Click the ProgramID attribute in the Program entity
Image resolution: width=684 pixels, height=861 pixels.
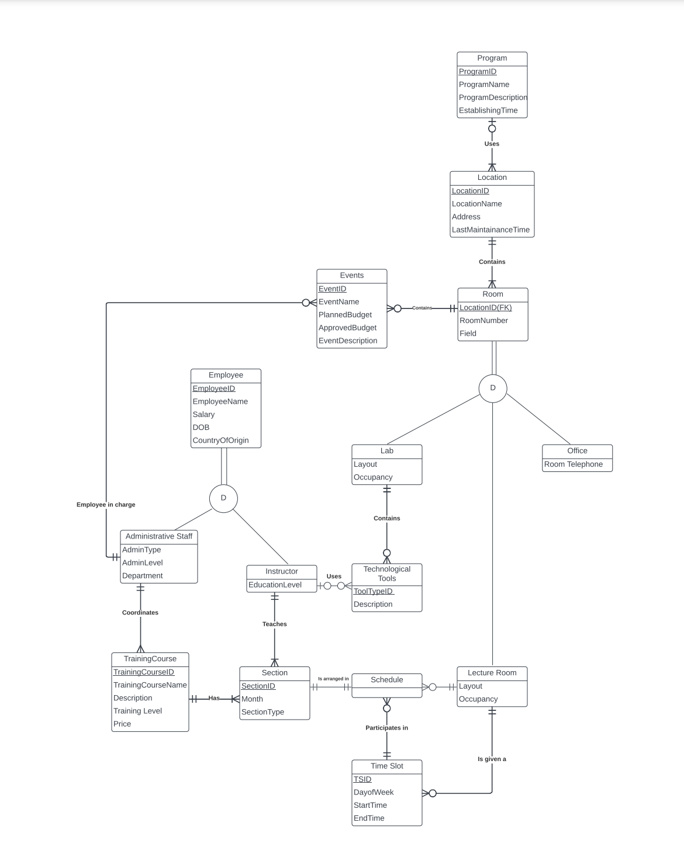coord(478,72)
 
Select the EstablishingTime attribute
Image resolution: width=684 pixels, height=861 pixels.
coord(488,110)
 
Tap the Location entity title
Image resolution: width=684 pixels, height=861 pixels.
coord(492,178)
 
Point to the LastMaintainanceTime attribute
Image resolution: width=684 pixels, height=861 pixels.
coord(490,230)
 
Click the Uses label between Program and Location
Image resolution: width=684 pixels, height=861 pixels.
coord(492,144)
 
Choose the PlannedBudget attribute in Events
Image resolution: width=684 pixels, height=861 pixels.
coord(345,315)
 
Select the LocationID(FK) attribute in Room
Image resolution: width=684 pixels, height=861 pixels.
coord(485,308)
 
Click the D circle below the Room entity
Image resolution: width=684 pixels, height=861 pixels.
coord(492,388)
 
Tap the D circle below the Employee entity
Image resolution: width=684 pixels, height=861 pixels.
coord(223,498)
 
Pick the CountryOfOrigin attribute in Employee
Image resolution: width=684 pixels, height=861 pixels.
coord(220,440)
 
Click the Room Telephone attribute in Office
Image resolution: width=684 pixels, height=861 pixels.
coord(573,464)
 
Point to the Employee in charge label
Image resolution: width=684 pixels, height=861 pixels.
coord(106,505)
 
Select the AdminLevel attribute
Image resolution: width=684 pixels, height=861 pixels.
coord(142,563)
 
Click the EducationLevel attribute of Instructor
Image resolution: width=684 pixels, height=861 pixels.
coord(275,585)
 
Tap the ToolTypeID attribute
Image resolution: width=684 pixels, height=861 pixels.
coord(373,591)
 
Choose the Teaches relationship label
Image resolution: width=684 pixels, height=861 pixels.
coord(274,624)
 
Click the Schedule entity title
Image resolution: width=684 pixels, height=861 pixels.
coord(386,680)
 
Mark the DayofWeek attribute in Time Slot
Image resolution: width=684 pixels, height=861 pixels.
coord(374,793)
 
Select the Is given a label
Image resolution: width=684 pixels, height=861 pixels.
coord(492,759)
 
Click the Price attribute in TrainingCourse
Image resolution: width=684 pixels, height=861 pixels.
coord(122,724)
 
